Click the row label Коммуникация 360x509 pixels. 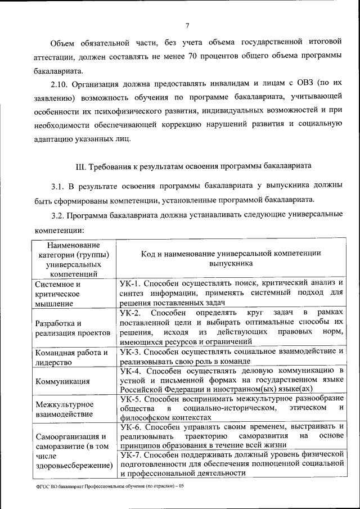(62, 381)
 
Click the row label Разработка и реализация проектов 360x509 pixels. (71, 328)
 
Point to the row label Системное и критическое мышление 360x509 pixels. (58, 294)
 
